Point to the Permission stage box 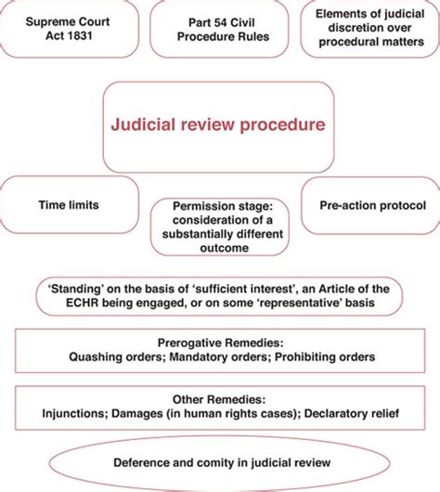click(x=219, y=226)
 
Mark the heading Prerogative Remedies click(x=219, y=341)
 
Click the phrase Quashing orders click(x=115, y=356)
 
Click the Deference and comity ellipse click(x=219, y=460)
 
